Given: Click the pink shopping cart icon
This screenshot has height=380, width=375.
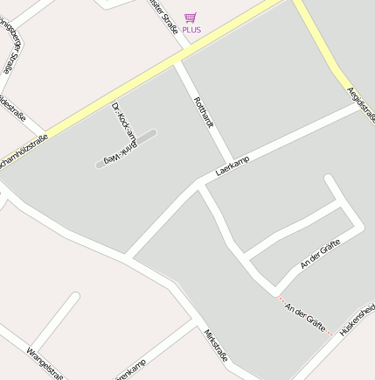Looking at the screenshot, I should coord(191,18).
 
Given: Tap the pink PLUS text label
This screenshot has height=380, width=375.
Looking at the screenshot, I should coord(191,30).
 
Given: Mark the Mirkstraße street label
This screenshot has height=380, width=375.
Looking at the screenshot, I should coord(216,345).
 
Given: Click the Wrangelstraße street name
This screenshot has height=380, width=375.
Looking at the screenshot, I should coord(45,363).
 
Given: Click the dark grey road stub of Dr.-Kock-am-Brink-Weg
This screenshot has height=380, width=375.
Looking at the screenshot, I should coord(127,149).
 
